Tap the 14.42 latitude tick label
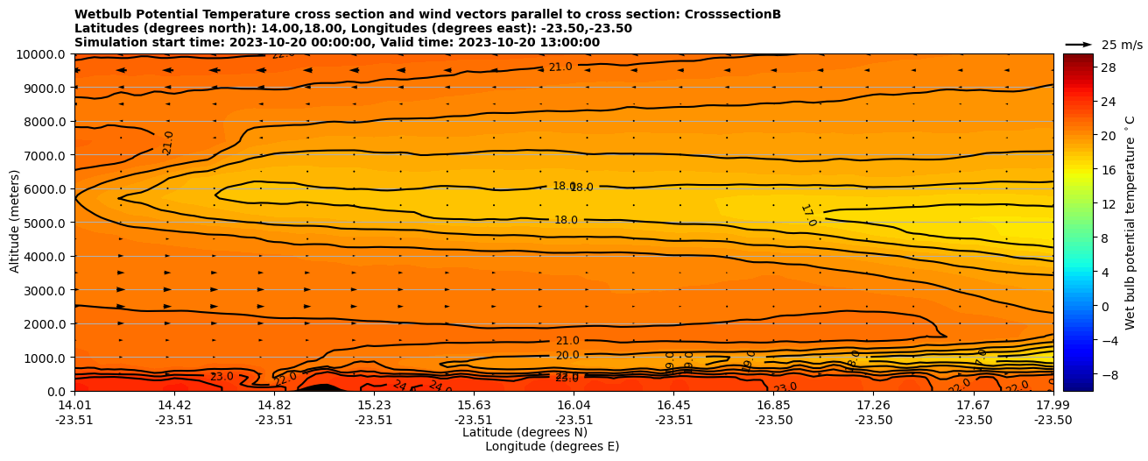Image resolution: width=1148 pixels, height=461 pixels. point(174,405)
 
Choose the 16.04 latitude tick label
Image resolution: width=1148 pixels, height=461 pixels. point(574,405)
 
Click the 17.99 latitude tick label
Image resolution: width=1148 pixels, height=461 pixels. point(1053,405)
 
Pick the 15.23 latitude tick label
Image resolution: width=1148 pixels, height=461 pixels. point(374,405)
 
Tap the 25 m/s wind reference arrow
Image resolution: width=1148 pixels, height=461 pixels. point(1078,44)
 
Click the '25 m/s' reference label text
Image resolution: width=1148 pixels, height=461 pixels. point(1122,45)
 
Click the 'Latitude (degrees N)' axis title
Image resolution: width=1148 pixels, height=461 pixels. point(525,432)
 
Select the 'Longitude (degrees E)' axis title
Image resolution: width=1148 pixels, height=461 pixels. point(552,446)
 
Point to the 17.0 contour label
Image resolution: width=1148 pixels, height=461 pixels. point(808,216)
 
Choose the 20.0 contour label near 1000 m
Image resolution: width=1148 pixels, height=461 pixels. point(567,356)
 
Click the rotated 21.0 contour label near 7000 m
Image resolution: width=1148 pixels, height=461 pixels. point(168,143)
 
